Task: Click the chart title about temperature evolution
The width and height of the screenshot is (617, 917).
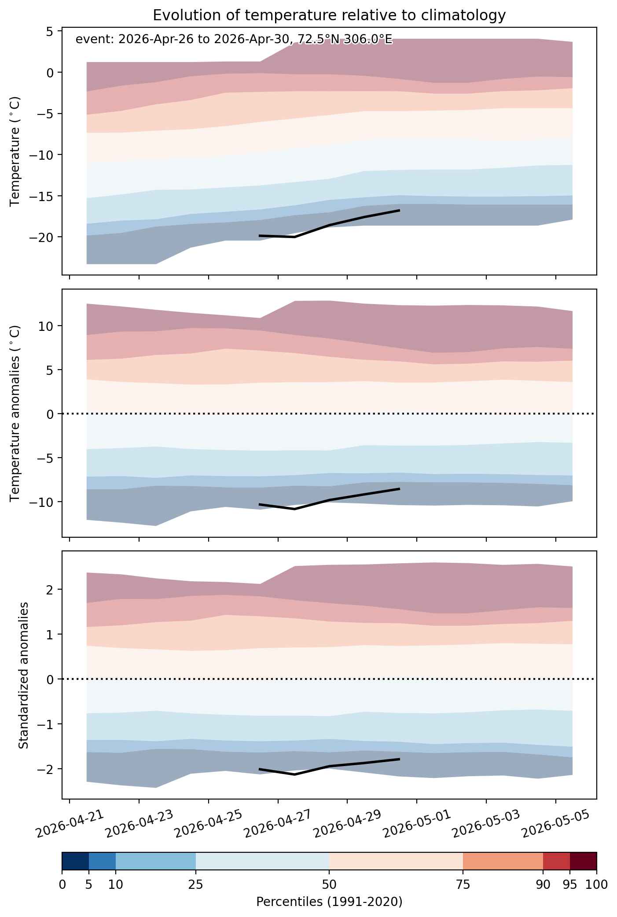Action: point(329,16)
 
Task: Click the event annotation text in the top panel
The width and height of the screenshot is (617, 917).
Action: point(234,40)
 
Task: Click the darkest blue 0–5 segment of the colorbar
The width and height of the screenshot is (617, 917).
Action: point(75,861)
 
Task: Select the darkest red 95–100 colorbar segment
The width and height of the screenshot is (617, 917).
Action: point(583,861)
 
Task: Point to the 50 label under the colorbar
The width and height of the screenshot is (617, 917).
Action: point(329,884)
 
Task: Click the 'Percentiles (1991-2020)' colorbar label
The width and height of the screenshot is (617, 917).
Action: point(329,902)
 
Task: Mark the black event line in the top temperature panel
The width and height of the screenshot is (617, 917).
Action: point(330,225)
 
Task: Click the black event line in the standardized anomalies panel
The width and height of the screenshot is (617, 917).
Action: point(330,766)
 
